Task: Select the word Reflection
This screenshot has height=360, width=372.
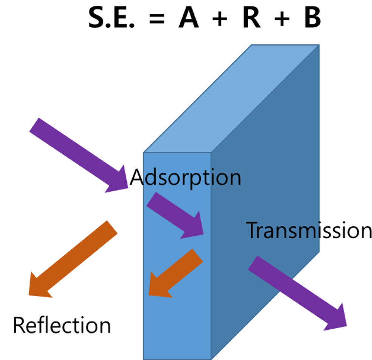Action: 62,325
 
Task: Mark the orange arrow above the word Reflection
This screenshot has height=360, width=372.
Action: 72,259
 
